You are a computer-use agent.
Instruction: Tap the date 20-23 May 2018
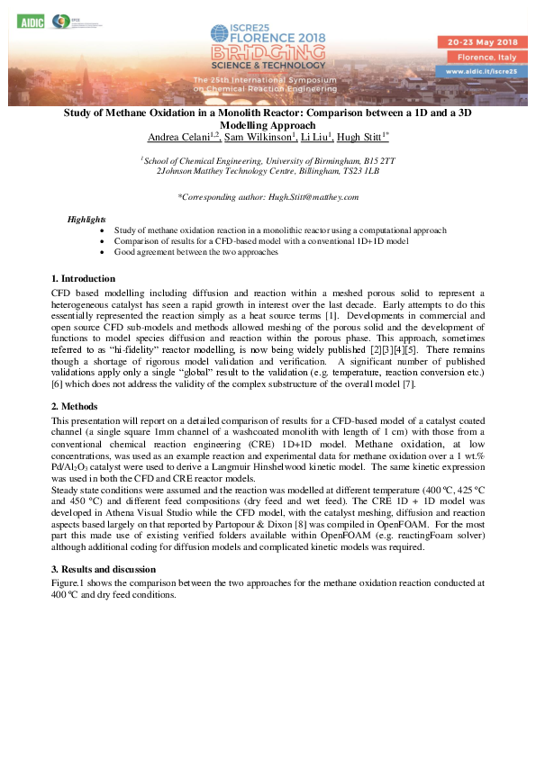477,42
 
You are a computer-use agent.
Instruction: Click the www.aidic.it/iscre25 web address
477,69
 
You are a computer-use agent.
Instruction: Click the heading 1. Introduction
84,278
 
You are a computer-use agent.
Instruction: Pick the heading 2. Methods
75,407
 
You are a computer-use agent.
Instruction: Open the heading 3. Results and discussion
104,569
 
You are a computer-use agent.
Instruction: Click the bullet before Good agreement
104,253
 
